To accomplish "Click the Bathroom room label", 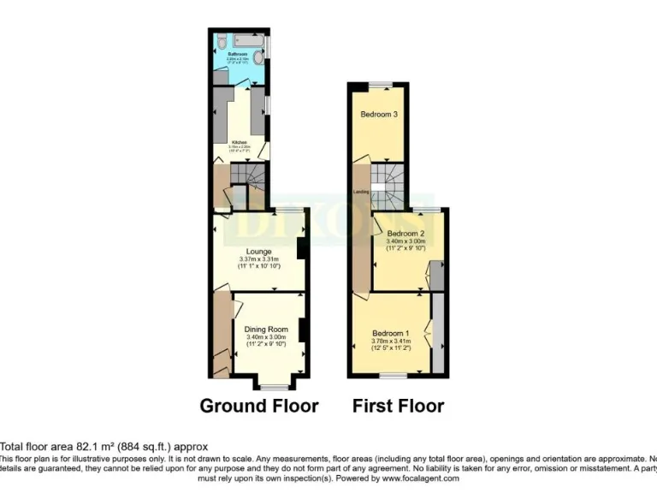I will [x=235, y=54].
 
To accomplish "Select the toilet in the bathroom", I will [x=221, y=41].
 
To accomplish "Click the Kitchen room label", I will [x=240, y=141].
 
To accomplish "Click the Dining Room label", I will [x=266, y=329].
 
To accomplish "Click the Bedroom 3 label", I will [x=378, y=115].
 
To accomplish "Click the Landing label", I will [x=361, y=192].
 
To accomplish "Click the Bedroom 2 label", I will [x=405, y=233].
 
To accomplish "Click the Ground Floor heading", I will [x=258, y=406].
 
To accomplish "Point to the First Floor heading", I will [x=398, y=406].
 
